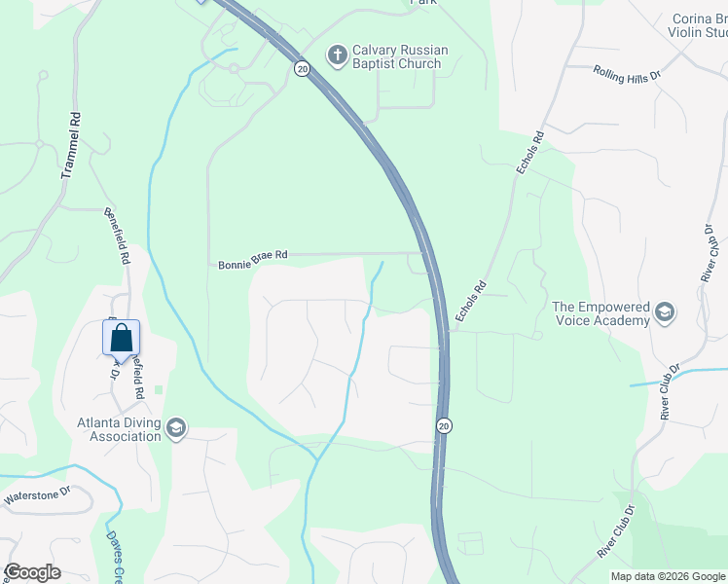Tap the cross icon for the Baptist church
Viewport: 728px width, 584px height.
coord(337,55)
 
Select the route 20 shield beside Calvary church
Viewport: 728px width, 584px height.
coord(302,68)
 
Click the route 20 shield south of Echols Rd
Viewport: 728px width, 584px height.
coord(444,426)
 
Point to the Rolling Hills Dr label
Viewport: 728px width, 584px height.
coord(627,73)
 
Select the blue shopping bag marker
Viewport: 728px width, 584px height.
coord(121,338)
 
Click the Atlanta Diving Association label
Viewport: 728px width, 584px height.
coord(119,429)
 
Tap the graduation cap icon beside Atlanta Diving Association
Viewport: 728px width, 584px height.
coord(176,428)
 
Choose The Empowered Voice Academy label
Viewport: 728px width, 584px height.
coord(601,313)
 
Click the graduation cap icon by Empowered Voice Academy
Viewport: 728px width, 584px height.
coord(665,312)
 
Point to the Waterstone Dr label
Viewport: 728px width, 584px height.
coord(37,493)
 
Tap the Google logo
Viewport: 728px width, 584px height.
coord(32,572)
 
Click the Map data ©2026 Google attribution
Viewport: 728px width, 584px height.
coord(668,576)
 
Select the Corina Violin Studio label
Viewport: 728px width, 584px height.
coord(700,25)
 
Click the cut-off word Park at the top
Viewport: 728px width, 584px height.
coord(423,3)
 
